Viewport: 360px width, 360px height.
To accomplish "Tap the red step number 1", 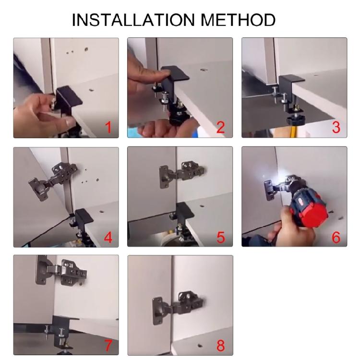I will point(108,127).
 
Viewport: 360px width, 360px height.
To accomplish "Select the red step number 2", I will point(221,127).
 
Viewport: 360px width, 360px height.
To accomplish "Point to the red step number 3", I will point(336,127).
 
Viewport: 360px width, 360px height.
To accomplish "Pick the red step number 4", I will point(108,237).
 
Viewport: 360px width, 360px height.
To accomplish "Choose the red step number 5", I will point(221,237).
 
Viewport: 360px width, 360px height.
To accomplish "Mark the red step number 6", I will point(336,237).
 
